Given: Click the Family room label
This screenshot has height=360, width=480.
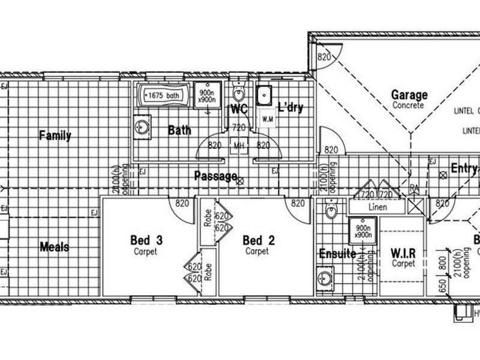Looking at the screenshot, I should [x=55, y=136].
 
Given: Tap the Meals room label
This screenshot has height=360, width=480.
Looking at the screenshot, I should [x=54, y=247].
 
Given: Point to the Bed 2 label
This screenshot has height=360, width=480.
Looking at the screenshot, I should [x=259, y=241].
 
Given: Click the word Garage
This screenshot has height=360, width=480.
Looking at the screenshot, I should [x=409, y=95].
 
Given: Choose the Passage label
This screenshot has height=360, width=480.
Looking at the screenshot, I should [x=215, y=176].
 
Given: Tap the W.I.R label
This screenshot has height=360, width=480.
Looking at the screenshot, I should [x=403, y=251].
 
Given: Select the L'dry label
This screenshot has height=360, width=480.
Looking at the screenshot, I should [x=290, y=109].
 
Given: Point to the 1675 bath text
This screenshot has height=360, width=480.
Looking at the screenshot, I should [x=164, y=95].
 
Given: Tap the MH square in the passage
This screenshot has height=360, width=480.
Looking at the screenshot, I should [x=239, y=146].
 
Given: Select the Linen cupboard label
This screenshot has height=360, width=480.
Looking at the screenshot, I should [x=378, y=208].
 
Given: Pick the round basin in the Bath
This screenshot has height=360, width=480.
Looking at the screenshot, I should [x=142, y=128].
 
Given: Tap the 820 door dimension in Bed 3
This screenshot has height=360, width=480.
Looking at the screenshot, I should [x=182, y=203].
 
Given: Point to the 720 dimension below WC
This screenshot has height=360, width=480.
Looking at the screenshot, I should [x=238, y=128].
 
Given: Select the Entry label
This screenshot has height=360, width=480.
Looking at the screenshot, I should [x=464, y=169].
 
